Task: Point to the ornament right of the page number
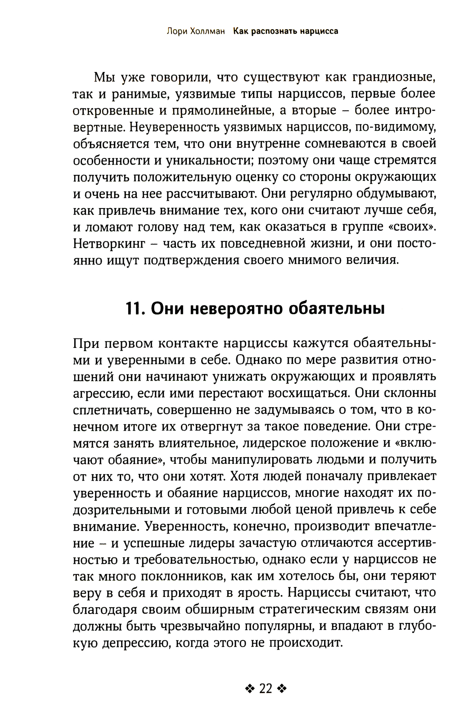pos(282,689)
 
